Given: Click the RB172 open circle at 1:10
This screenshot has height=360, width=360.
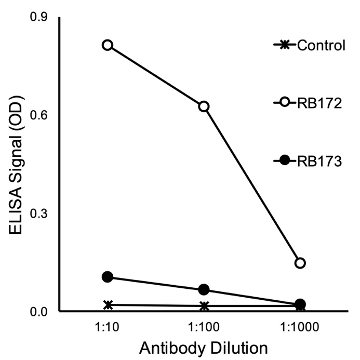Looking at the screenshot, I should [x=108, y=45].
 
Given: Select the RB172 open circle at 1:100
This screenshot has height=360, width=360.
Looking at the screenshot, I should [x=204, y=106].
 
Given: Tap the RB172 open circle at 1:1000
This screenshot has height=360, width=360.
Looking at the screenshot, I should [x=300, y=263].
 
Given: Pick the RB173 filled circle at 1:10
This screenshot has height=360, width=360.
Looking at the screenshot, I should [x=108, y=277].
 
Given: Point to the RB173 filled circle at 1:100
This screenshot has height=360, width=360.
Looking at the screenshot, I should [x=204, y=289].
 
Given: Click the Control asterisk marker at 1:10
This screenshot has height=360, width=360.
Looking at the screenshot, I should [x=108, y=305].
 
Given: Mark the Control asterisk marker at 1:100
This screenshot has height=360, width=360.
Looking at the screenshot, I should [x=204, y=306].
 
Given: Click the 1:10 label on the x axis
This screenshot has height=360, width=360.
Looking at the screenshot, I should [x=108, y=329].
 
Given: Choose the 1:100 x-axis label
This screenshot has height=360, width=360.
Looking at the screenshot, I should [x=204, y=329].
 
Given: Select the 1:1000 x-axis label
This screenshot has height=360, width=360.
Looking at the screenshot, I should [x=300, y=329].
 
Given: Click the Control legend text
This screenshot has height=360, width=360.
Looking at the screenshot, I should [x=321, y=46].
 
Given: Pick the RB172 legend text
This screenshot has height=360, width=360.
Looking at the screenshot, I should [x=319, y=104].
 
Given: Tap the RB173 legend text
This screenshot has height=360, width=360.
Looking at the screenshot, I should [x=319, y=162].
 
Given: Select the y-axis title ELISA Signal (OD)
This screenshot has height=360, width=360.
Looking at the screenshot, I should [x=18, y=165].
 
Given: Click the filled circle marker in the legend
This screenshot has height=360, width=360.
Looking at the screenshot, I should [x=284, y=162].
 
